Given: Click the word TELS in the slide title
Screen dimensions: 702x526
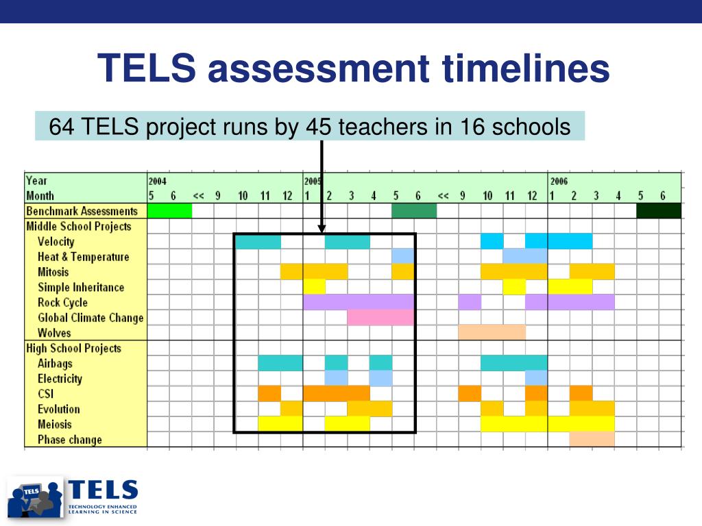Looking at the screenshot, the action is pos(147,68).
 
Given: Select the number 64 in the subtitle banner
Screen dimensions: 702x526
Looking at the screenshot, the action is pos(62,127).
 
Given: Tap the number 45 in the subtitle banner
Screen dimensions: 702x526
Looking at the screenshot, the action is pos(319,127).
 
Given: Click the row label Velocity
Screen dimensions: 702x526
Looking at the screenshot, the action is pos(56,242).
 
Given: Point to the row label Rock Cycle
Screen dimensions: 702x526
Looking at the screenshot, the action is pos(62,302).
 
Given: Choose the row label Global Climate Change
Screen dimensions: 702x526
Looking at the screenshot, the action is pos(91,318).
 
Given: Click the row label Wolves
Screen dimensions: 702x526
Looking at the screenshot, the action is pos(54,333).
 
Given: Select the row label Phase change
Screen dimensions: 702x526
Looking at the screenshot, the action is pos(70,440).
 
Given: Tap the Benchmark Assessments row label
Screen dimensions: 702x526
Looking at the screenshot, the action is pos(82,211).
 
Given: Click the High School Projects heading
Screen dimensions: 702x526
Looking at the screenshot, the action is pos(74,348).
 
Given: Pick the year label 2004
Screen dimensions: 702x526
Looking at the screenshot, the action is pos(158,181).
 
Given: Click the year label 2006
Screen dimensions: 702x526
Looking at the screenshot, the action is pos(559,181).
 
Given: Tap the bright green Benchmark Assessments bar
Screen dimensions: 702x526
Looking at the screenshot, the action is pos(170,211).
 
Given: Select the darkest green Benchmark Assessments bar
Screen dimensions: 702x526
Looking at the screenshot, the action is pos(659,211).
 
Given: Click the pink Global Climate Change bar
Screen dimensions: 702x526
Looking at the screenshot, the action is pos(380,318).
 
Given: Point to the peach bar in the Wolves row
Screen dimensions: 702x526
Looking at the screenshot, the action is pos(492,333).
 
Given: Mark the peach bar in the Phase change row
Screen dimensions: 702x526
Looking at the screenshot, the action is pos(592,440).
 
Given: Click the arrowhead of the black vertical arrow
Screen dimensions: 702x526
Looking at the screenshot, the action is pos(322,229).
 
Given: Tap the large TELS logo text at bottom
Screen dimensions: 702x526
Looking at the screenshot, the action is pos(103,490).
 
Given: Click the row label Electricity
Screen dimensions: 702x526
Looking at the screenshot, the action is pos(60,379).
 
